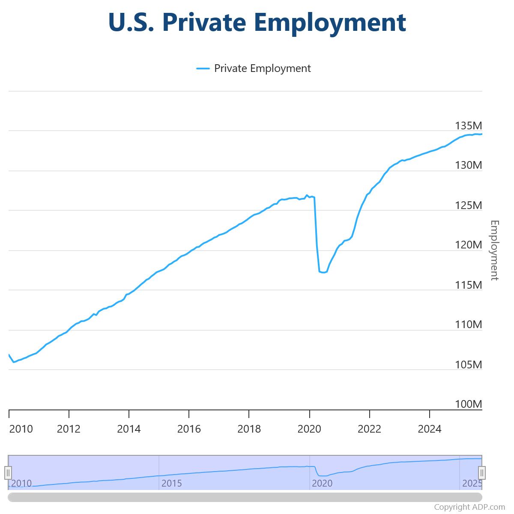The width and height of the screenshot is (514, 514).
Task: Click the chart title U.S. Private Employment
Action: tap(257, 22)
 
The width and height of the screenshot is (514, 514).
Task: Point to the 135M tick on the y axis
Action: tap(468, 126)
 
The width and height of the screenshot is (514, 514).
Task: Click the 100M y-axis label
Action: tap(468, 404)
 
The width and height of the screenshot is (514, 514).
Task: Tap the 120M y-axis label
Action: tap(468, 245)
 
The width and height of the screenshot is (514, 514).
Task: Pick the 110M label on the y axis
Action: tap(468, 324)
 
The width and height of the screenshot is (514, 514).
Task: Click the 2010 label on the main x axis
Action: tap(21, 429)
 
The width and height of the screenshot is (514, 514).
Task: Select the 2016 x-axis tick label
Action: tap(189, 429)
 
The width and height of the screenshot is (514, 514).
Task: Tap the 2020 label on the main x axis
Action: tap(309, 429)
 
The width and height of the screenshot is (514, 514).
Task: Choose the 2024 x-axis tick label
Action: tap(429, 429)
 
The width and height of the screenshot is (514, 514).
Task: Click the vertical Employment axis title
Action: tap(495, 250)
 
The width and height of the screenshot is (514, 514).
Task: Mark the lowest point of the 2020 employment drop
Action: tap(323, 272)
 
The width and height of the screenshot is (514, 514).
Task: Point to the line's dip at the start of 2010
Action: tap(14, 362)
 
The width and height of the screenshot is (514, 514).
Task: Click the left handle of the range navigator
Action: tap(8, 473)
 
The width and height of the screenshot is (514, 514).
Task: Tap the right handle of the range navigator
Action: tap(482, 473)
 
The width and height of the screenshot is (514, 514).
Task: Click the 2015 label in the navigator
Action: tap(171, 483)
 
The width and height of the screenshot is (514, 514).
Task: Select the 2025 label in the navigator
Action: tap(472, 483)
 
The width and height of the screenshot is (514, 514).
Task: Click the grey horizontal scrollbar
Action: tap(245, 497)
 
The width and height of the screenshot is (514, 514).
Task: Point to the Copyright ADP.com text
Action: tap(469, 507)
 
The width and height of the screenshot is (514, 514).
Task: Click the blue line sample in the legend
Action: tap(203, 68)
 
